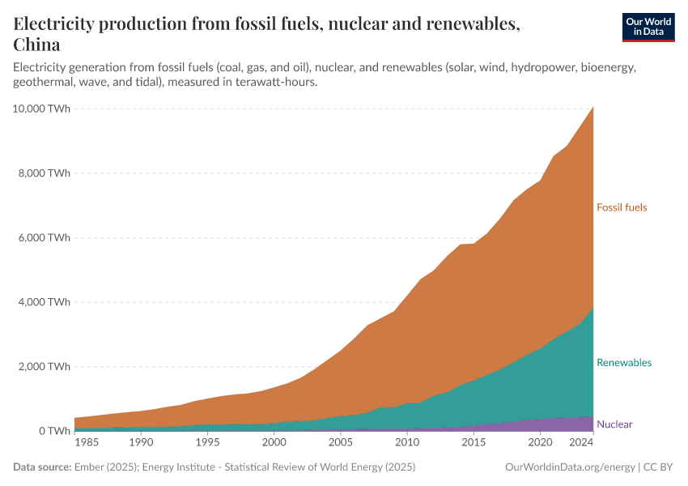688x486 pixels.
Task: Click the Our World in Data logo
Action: point(648,27)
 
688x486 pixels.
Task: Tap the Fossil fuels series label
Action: point(622,207)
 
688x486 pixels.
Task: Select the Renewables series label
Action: point(623,363)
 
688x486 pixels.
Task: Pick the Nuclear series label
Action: point(614,424)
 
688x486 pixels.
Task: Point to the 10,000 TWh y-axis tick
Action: point(43,109)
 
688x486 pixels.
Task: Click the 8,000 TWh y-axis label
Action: point(45,173)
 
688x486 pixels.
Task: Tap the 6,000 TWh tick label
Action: point(45,237)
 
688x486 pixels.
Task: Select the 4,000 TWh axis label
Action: point(45,302)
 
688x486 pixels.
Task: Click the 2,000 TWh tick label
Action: point(45,366)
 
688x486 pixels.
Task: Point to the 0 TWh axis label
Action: point(53,431)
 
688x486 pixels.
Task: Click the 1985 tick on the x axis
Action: point(87,444)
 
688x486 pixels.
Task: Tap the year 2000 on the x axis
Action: point(274,444)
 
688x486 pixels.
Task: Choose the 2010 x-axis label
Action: point(407,444)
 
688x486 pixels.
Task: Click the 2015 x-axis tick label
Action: point(474,444)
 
